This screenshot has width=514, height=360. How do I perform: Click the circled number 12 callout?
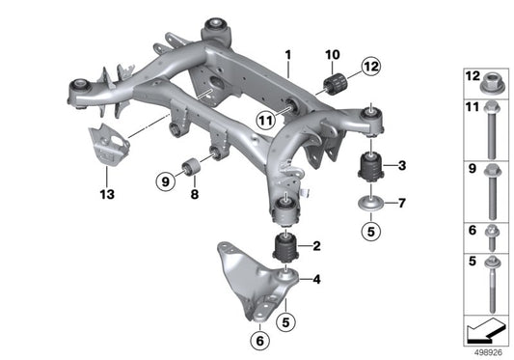371,67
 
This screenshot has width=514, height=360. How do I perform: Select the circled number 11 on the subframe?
266,121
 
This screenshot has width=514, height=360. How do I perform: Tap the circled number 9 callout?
166,180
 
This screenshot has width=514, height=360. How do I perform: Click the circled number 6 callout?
259,341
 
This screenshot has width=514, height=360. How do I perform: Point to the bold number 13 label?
107,194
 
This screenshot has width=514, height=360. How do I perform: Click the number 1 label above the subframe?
288,55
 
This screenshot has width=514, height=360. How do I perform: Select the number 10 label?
333,55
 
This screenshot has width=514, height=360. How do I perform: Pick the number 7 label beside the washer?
402,203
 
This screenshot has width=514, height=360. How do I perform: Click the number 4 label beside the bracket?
316,279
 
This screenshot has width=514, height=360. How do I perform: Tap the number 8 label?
195,194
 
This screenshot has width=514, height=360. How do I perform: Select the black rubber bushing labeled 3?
370,166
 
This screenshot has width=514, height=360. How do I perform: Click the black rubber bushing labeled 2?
286,247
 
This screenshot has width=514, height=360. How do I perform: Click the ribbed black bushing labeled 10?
336,85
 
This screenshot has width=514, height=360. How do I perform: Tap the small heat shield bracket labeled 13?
109,145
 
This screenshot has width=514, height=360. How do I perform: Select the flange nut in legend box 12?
491,83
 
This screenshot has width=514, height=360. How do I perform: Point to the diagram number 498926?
488,352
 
